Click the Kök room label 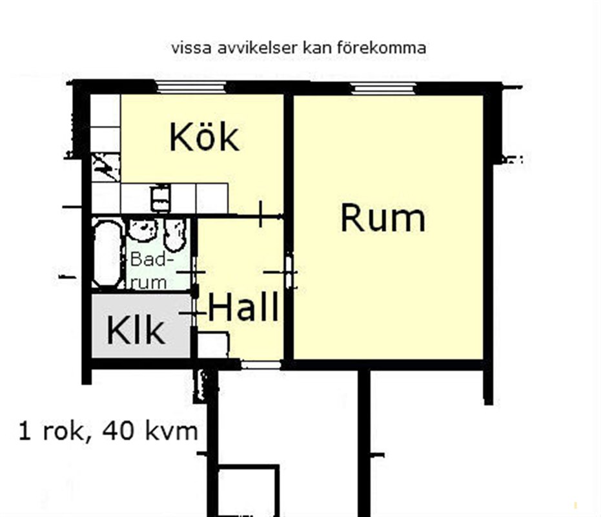204,137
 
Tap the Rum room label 383,218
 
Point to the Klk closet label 136,330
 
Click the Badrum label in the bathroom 148,270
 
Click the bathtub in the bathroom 108,253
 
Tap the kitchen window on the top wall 190,87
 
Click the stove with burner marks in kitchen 105,167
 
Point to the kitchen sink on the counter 161,198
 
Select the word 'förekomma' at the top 382,48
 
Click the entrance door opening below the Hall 261,364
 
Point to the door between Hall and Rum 290,271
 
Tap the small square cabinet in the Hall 213,346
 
